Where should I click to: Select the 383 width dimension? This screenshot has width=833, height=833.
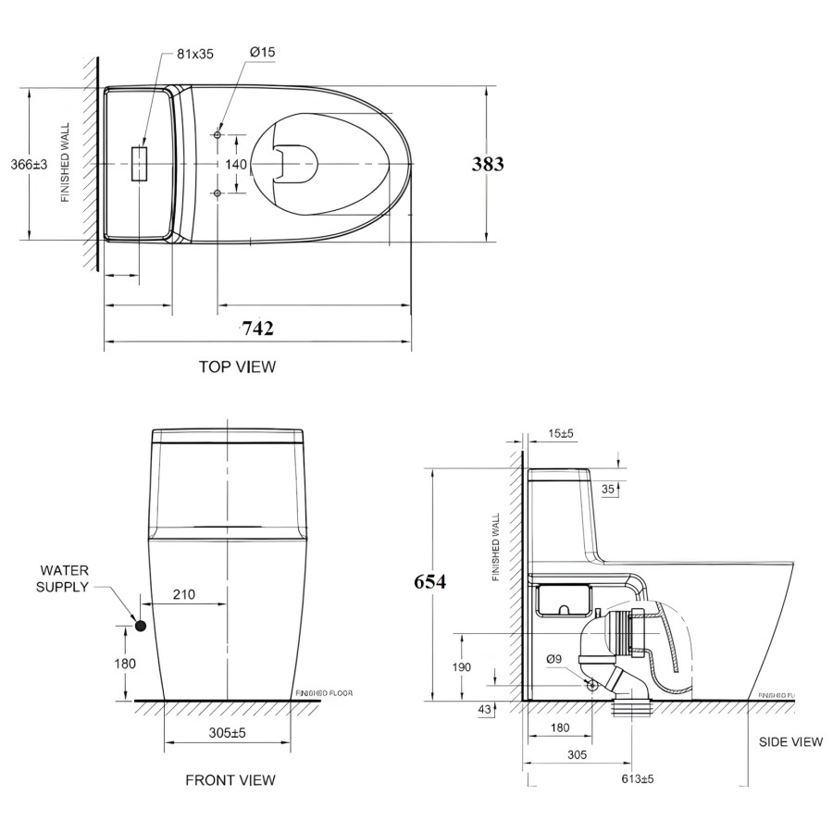(x=488, y=164)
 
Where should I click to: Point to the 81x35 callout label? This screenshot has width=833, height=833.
(x=194, y=54)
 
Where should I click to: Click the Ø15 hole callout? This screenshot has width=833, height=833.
(x=262, y=53)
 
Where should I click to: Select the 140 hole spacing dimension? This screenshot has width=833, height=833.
(x=236, y=164)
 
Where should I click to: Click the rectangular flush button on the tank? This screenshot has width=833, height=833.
(x=140, y=163)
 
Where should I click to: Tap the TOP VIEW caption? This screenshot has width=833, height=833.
(x=237, y=367)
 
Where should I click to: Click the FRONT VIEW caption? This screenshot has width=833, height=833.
(x=230, y=780)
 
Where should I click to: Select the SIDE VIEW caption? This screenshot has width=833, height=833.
(x=790, y=741)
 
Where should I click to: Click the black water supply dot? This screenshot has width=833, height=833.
(x=141, y=626)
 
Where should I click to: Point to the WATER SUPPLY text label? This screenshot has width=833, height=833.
(x=63, y=579)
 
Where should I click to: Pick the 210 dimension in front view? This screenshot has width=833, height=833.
(x=183, y=595)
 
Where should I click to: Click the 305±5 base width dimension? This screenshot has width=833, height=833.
(x=228, y=732)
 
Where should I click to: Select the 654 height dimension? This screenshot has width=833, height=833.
(x=430, y=582)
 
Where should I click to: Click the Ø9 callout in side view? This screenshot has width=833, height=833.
(x=553, y=659)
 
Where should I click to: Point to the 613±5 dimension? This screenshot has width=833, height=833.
(x=637, y=778)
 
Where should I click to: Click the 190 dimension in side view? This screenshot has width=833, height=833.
(x=462, y=666)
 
